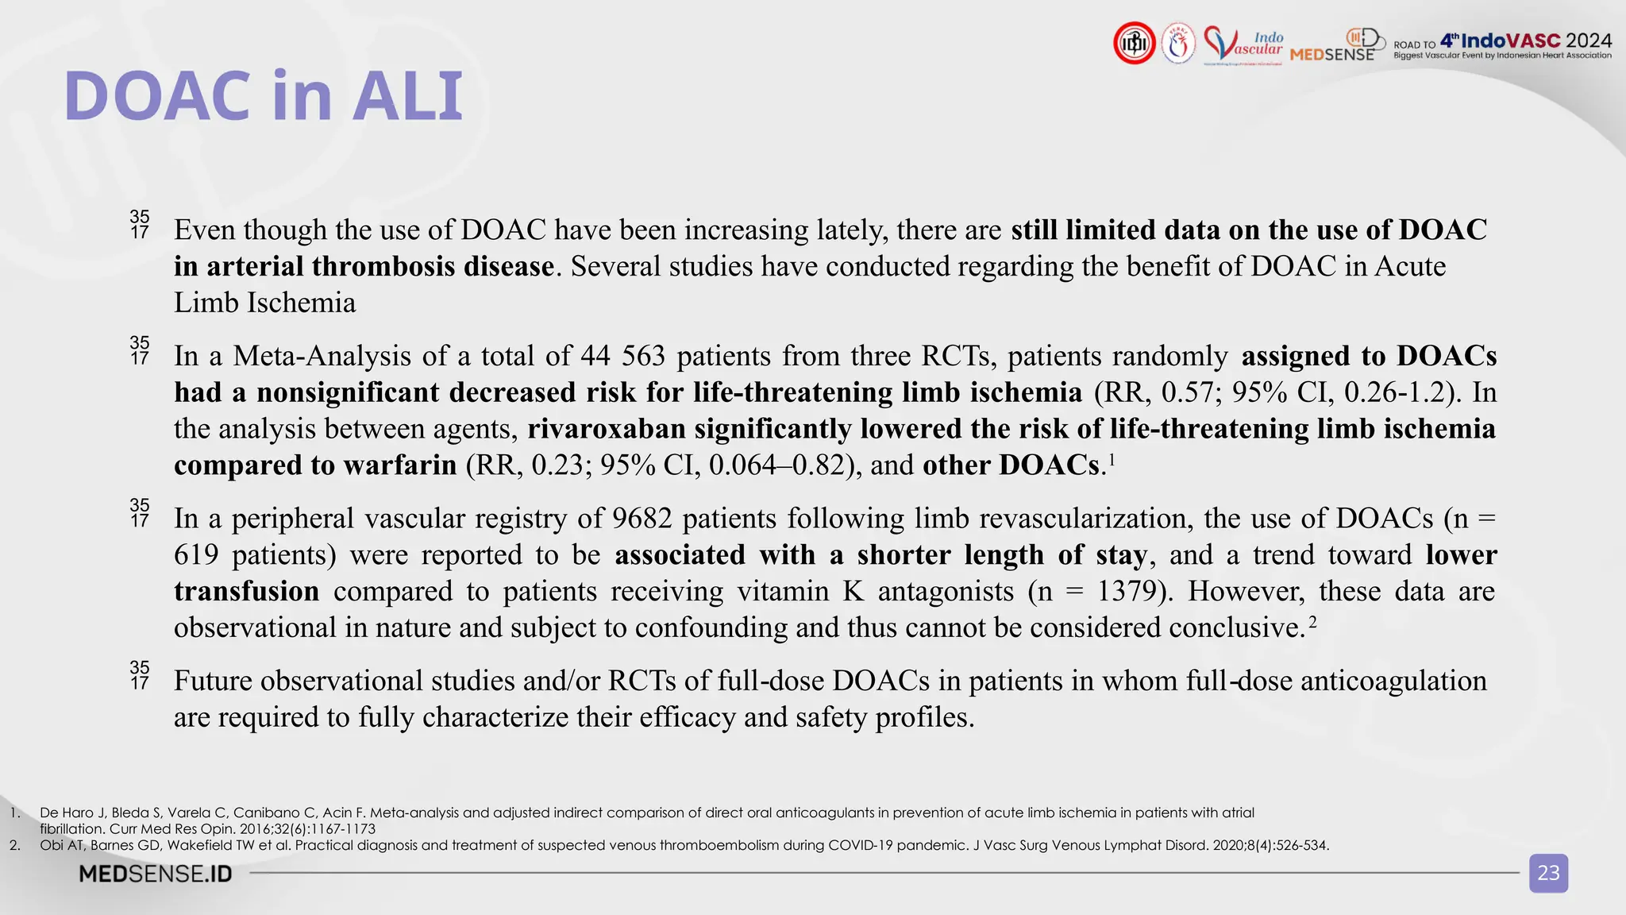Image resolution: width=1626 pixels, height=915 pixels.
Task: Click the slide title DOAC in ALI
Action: click(x=263, y=96)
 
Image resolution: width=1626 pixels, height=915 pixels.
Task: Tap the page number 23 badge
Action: click(x=1548, y=873)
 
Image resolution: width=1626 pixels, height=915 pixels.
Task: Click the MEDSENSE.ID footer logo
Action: click(x=156, y=874)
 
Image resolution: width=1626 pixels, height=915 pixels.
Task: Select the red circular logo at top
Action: click(x=1134, y=43)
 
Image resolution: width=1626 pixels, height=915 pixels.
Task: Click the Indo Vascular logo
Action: click(x=1243, y=44)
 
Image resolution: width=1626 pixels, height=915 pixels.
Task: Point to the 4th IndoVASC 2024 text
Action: click(x=1525, y=41)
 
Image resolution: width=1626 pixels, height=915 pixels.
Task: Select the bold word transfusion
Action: click(x=246, y=592)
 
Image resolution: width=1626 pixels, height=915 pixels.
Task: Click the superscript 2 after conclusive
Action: click(x=1312, y=621)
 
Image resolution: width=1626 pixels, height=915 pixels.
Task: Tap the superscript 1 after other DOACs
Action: click(x=1112, y=458)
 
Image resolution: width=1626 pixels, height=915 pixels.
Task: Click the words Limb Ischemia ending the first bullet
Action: click(x=264, y=303)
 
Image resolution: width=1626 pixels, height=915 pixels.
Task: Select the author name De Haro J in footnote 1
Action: click(x=71, y=813)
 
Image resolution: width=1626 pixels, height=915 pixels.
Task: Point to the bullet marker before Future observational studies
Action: click(x=140, y=674)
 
